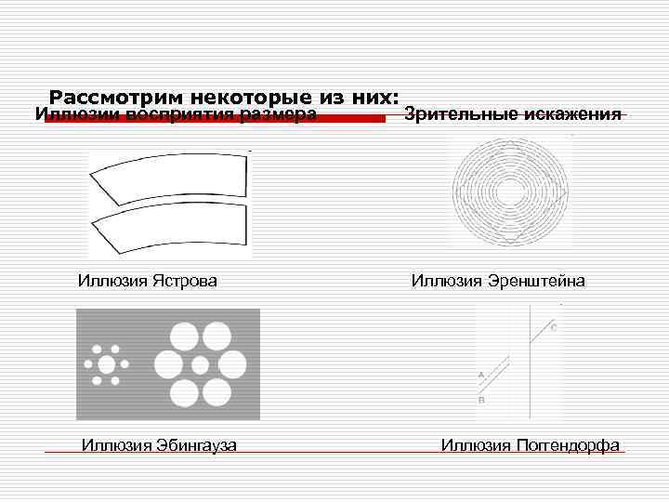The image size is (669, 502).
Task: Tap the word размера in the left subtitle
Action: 278,115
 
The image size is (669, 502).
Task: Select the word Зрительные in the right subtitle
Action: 458,114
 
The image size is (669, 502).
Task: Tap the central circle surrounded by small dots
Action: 106,363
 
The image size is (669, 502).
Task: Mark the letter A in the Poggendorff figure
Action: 480,374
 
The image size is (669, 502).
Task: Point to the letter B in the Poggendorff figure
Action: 480,400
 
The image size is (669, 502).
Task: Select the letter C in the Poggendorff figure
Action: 554,327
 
